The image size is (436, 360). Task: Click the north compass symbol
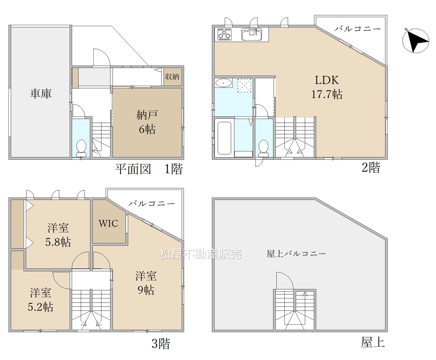point(416,41)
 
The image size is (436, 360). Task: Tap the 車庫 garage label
point(41,94)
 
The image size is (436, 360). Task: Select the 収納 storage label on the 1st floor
point(172,77)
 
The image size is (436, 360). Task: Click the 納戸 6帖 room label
point(147,122)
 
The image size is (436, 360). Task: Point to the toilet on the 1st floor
point(81,148)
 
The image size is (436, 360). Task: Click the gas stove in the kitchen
point(224,34)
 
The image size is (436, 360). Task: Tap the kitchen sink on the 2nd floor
point(252,34)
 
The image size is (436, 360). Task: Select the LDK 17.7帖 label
point(327,87)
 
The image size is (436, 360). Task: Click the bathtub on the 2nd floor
point(224,138)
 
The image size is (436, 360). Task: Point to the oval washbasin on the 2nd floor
point(223,83)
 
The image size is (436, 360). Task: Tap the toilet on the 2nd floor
point(263,148)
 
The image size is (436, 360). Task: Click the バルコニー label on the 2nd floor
point(357,29)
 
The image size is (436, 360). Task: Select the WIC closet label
point(109,223)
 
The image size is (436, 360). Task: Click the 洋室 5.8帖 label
point(58,235)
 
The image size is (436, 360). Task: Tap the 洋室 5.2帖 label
point(41,300)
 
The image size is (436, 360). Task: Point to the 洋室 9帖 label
point(146,283)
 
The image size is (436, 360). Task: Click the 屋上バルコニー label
point(296,253)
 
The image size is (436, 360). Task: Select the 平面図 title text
point(133,169)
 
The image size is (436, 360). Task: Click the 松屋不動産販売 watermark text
point(201,254)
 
